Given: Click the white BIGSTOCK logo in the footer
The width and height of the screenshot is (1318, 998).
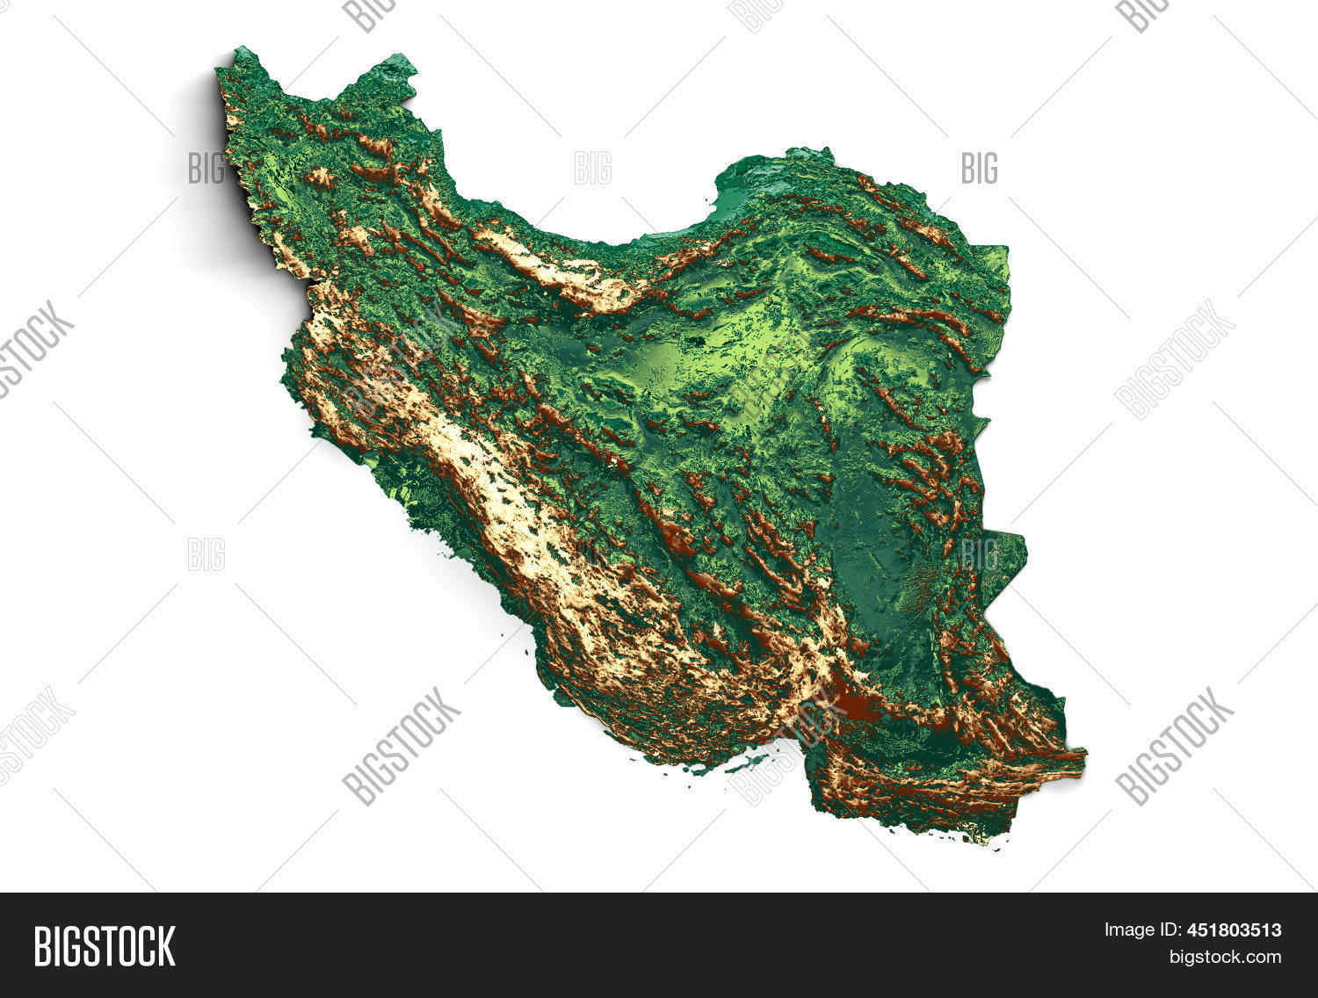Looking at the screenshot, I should (x=105, y=945).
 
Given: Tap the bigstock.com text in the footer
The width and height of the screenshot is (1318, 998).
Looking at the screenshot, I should (x=1224, y=957).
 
